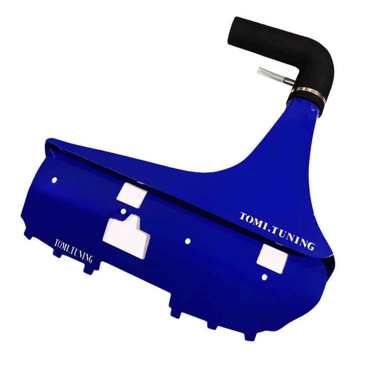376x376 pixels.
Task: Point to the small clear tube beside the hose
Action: (276, 76)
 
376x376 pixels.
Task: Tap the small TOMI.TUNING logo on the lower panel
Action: (74, 250)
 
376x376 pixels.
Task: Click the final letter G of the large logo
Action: (310, 245)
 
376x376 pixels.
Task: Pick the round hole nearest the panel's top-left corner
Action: (55, 179)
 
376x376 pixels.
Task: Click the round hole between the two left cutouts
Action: (123, 211)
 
